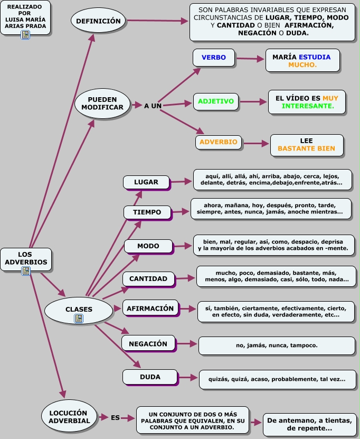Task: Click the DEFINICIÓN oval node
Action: pos(99,21)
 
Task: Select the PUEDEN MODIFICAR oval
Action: pos(102,103)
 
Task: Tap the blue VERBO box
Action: pos(213,58)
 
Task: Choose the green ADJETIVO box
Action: pos(216,101)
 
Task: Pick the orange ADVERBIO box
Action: pos(219,142)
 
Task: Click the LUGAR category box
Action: pos(146,182)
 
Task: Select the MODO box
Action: pos(148,247)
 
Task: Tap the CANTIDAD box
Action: pos(148,279)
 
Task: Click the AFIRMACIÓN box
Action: pos(151,309)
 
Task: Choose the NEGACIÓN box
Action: pos(148,344)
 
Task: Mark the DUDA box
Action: pos(150,378)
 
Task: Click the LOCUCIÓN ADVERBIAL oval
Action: pos(69,416)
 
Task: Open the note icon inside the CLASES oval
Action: pos(79,318)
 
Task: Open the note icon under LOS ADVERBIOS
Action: pos(25,271)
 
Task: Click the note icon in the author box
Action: pos(25,35)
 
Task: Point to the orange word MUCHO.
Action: pos(302,65)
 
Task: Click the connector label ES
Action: pos(115,417)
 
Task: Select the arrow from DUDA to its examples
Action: pos(186,377)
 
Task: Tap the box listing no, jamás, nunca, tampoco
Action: pos(277,345)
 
